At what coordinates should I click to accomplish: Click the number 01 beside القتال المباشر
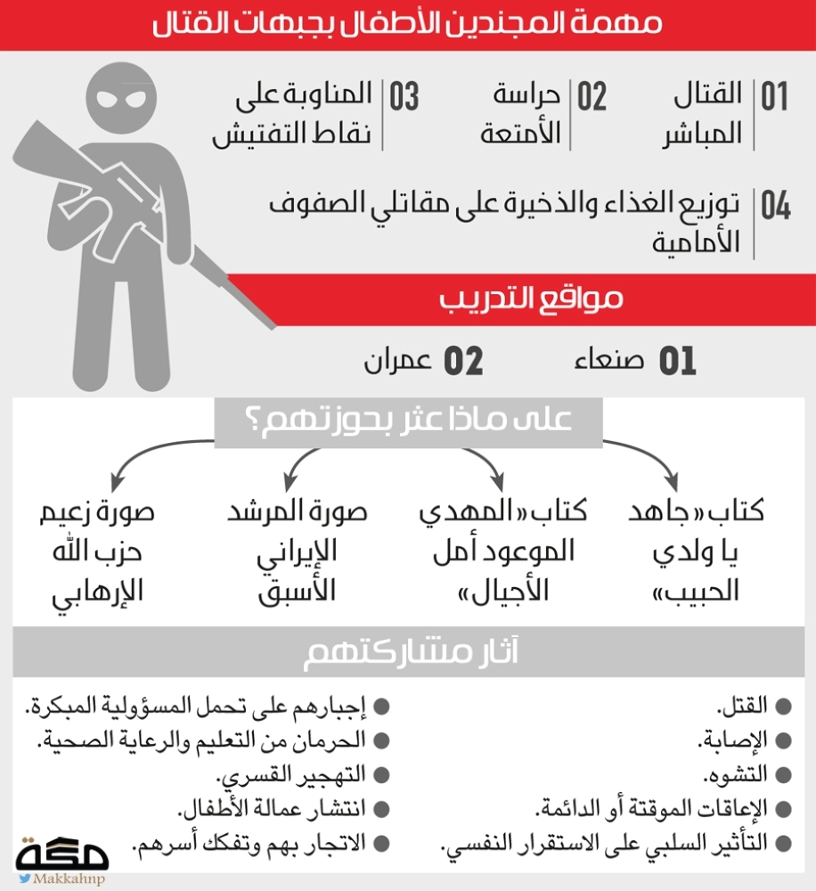[774, 97]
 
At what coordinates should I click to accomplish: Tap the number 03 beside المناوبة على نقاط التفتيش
[403, 97]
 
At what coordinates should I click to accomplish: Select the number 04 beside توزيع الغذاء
[775, 206]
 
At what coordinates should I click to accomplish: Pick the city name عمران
[398, 361]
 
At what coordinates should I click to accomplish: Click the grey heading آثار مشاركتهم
[408, 653]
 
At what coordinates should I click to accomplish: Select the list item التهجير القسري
[294, 774]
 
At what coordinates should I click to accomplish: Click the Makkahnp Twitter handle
[68, 879]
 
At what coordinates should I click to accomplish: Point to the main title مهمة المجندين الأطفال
[408, 24]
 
